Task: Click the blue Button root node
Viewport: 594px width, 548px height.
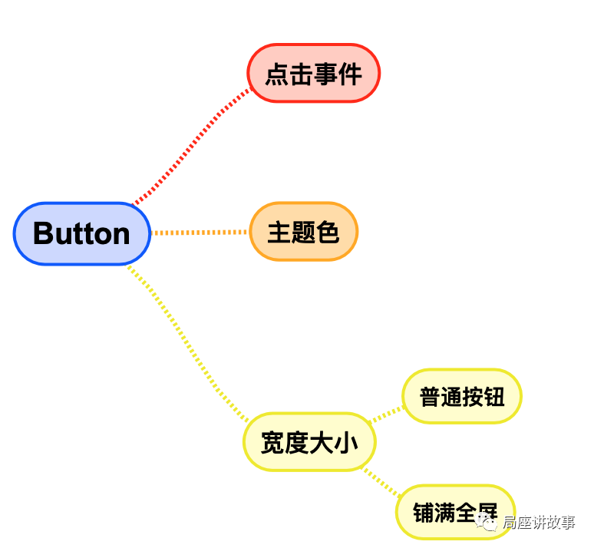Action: pyautogui.click(x=82, y=233)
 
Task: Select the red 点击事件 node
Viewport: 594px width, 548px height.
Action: pyautogui.click(x=313, y=74)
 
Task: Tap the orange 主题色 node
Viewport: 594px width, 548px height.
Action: pyautogui.click(x=303, y=232)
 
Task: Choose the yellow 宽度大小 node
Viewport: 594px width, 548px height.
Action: pyautogui.click(x=309, y=442)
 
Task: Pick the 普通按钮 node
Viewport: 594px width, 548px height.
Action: pyautogui.click(x=462, y=396)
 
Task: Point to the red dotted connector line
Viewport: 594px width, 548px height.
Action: pyautogui.click(x=192, y=145)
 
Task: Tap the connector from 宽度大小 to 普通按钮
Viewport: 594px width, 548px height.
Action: pyautogui.click(x=386, y=414)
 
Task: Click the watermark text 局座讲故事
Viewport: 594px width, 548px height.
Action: pyautogui.click(x=538, y=523)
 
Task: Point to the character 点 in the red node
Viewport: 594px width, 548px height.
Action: pyautogui.click(x=277, y=74)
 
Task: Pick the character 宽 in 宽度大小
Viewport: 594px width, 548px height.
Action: pyautogui.click(x=273, y=443)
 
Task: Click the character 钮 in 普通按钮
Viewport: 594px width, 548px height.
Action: pyautogui.click(x=493, y=397)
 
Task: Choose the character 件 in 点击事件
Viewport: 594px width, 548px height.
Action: pyautogui.click(x=350, y=74)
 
